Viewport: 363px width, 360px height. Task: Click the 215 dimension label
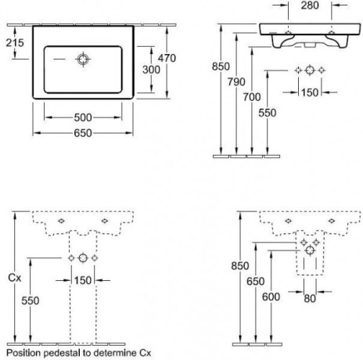point(15,43)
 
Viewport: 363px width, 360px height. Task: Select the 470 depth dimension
point(167,58)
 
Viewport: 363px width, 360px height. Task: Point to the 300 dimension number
point(151,70)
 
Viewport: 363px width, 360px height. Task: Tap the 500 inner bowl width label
point(83,117)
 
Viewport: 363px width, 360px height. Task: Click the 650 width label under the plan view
point(83,133)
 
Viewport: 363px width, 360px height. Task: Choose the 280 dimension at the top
point(310,5)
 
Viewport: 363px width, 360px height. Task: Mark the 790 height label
point(236,82)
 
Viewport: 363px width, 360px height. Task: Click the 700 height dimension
point(252,97)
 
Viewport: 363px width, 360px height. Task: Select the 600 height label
point(271,297)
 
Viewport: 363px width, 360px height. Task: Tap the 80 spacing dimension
point(310,299)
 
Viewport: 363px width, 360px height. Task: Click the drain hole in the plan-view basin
point(83,59)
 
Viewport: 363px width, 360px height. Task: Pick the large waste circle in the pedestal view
point(83,258)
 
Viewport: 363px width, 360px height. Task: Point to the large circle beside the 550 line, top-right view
point(310,70)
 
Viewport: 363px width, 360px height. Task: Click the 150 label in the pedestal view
point(83,280)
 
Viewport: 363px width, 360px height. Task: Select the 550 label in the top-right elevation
point(268,113)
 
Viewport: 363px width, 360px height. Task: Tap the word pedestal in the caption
point(62,353)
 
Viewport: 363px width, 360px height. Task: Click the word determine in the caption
point(115,353)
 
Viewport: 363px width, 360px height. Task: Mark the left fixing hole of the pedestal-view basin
point(61,221)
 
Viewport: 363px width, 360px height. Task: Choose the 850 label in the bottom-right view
point(240,266)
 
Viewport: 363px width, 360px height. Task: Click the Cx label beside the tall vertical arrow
point(15,278)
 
